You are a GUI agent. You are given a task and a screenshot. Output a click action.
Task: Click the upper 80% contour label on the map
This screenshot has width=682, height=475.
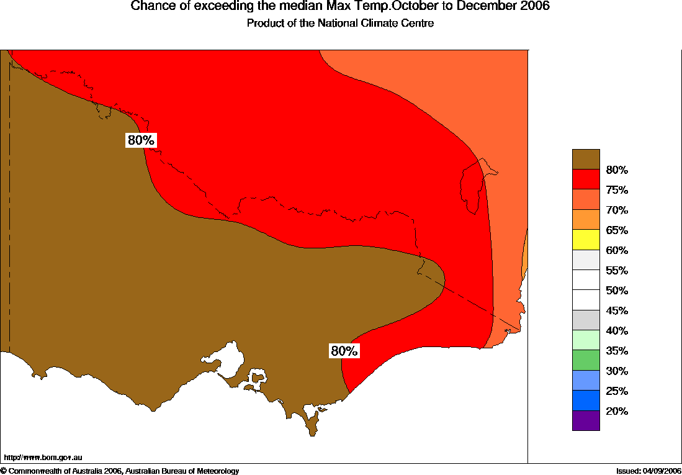point(141,140)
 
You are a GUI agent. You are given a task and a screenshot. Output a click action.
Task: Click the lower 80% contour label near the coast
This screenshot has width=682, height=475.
point(344,351)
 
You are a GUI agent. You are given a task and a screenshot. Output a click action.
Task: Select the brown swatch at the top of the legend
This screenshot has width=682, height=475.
point(586,159)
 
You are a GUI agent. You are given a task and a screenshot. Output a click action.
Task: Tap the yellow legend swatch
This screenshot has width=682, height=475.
point(586,240)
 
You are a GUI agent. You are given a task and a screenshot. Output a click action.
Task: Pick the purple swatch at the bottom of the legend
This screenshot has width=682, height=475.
point(586,420)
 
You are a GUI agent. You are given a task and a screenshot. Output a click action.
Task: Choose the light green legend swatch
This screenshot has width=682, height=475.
point(586,340)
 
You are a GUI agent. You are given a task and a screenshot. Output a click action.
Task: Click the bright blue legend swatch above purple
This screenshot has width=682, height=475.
point(586,400)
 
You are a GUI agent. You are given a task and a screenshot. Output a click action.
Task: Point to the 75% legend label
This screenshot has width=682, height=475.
point(617,190)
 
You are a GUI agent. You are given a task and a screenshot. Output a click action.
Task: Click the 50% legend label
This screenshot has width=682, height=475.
point(617,291)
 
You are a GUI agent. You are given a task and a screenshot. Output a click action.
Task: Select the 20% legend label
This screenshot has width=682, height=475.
point(617,411)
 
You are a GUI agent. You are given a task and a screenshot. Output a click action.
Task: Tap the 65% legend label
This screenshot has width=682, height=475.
point(617,230)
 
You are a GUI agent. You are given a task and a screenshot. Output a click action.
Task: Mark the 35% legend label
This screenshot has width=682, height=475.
point(617,351)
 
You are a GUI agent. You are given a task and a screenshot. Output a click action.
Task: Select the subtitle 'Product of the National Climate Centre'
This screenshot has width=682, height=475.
point(340,24)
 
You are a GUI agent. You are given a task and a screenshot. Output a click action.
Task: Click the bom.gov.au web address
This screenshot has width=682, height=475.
point(43,458)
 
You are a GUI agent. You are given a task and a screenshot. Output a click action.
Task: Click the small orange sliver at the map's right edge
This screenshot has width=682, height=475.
point(525,255)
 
